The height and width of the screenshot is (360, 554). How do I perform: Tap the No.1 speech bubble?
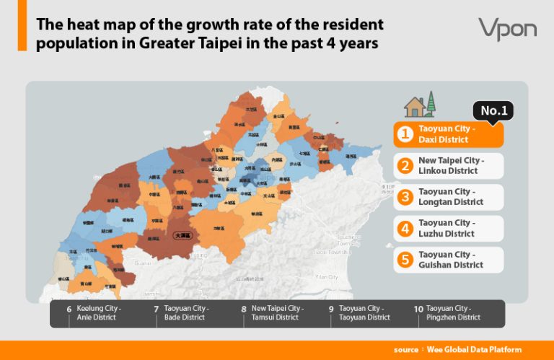click(x=494, y=110)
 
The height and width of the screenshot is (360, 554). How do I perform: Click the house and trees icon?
click(x=420, y=105)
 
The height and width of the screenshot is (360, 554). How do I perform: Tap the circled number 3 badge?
click(x=405, y=197)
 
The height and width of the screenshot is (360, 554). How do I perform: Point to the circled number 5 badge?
click(x=405, y=260)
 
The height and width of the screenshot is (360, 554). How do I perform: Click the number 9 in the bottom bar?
click(x=331, y=309)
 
